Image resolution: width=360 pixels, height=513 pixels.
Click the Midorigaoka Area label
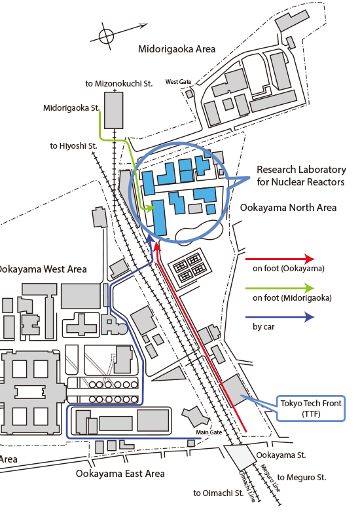(x=177, y=49)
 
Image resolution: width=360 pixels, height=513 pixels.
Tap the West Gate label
(x=178, y=81)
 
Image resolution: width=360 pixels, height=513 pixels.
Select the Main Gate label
(x=209, y=432)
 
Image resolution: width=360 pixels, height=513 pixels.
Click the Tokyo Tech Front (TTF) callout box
(x=311, y=408)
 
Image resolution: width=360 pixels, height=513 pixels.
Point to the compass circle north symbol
(x=106, y=36)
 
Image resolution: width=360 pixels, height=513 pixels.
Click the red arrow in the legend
(x=280, y=259)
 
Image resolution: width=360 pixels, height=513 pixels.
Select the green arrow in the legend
(x=280, y=288)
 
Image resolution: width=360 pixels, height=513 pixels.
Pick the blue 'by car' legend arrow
(x=280, y=316)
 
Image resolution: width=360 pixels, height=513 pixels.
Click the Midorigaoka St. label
(x=71, y=108)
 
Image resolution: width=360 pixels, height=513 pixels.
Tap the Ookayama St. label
(x=281, y=455)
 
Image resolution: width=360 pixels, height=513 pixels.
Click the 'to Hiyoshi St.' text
(x=73, y=146)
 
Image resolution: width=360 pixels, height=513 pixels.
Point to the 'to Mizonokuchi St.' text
(x=119, y=84)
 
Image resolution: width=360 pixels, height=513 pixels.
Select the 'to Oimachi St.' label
(x=219, y=493)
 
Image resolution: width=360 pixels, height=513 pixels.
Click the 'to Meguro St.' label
(x=302, y=478)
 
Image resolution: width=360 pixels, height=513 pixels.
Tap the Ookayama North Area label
(x=288, y=208)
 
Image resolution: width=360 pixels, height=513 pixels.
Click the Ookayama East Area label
(x=120, y=474)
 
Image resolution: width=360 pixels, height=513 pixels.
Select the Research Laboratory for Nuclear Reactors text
(x=301, y=176)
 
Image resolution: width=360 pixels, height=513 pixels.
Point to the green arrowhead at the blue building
(x=150, y=208)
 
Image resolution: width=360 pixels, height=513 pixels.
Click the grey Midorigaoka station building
(x=114, y=110)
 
